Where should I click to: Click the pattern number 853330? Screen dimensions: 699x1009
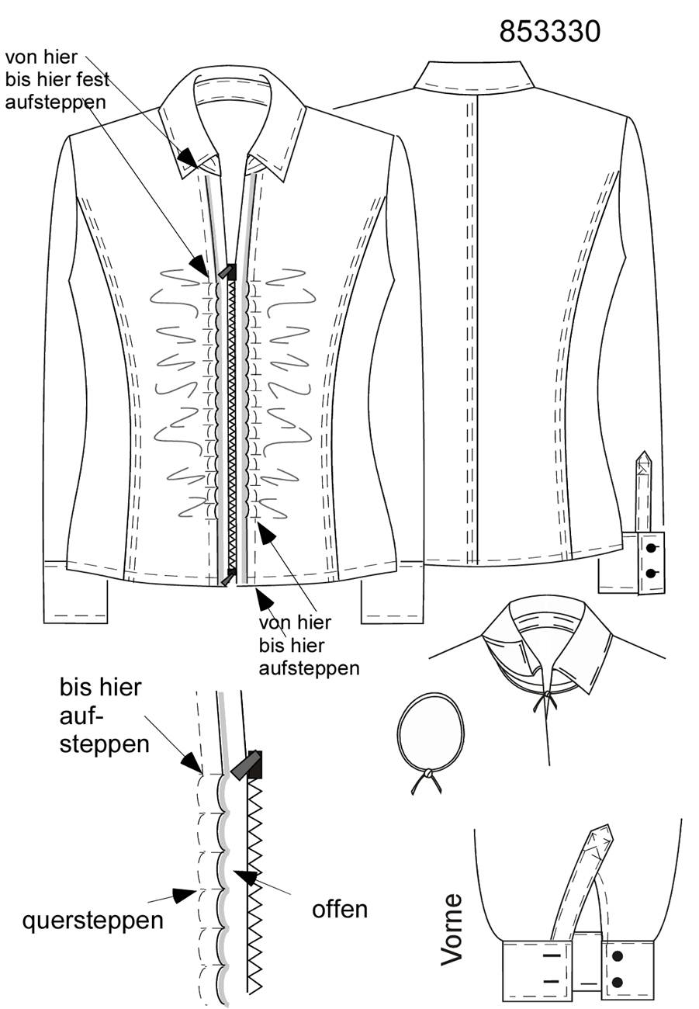coord(549,32)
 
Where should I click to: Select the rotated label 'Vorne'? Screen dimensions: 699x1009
coord(452,929)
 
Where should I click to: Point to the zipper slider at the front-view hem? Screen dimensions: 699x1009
coord(229,577)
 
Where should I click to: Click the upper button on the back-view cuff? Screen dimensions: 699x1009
coord(651,548)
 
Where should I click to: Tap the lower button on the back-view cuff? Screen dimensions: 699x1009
coord(651,574)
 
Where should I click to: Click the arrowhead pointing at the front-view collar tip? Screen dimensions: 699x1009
coord(188,158)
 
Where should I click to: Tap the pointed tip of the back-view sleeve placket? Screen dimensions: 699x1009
coord(644,452)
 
